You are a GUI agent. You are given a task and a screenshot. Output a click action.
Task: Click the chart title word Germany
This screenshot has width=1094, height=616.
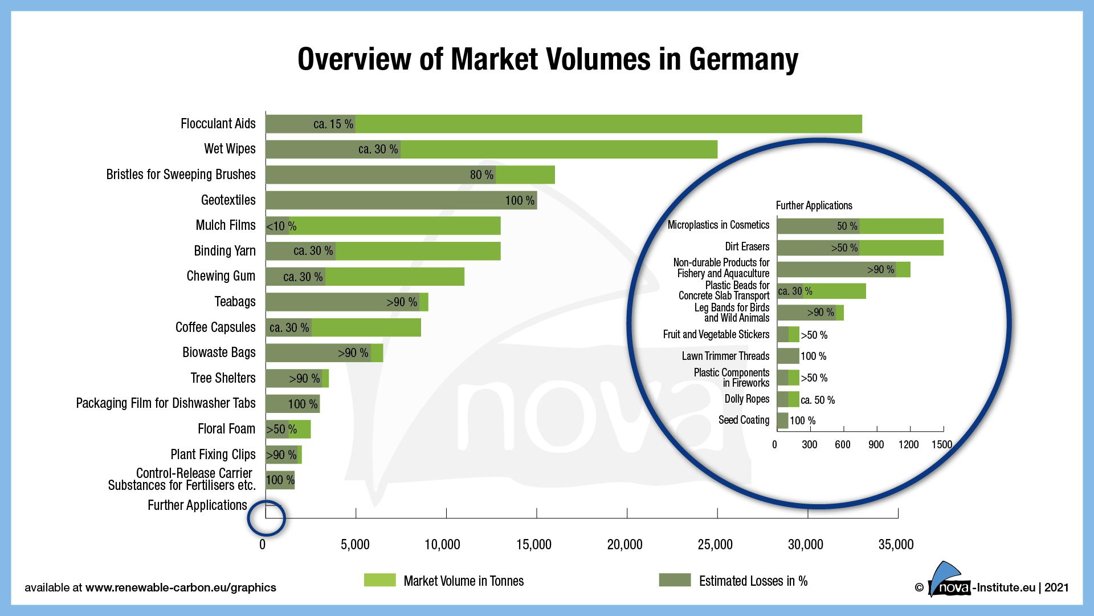[x=743, y=59]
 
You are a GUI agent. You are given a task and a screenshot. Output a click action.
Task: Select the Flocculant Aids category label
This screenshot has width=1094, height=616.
[x=218, y=124]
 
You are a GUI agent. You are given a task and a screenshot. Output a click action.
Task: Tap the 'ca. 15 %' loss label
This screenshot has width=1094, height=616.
[x=333, y=124]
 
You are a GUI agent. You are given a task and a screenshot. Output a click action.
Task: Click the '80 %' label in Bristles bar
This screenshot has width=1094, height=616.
[x=481, y=175]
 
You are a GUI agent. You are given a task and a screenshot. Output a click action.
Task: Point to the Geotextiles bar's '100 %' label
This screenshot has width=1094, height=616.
[x=520, y=201]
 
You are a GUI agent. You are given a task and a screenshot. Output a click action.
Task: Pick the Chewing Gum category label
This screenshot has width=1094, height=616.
[x=221, y=276]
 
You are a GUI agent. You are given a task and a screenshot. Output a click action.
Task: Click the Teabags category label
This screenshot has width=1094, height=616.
[x=235, y=302]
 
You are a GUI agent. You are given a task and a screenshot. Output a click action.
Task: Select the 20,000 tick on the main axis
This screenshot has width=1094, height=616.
[x=624, y=545]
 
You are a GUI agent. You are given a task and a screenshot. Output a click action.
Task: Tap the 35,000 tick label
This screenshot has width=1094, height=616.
[x=896, y=545]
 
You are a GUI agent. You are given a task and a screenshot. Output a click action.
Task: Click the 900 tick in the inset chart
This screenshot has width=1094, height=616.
[x=876, y=445]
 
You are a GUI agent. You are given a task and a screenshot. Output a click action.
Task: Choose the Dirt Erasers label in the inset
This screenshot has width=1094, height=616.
[x=746, y=247]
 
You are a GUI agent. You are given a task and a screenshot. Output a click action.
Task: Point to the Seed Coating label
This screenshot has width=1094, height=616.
[x=744, y=420]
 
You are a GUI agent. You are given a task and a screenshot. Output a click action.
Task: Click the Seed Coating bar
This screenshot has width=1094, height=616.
[x=782, y=421]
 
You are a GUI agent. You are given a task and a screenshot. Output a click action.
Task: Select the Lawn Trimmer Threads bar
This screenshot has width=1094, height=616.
[x=788, y=356]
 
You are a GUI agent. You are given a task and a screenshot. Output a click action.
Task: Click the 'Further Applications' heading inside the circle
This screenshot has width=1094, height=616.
[x=814, y=206]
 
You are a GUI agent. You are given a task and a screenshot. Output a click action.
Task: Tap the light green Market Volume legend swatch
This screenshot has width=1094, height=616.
[x=379, y=581]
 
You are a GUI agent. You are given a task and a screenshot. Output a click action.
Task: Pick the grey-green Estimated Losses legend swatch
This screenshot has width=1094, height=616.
[x=675, y=581]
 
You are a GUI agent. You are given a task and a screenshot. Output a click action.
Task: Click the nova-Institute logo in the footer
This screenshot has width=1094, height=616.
[x=949, y=581]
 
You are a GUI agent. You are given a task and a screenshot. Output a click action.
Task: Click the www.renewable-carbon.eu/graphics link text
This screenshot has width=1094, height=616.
[x=181, y=588]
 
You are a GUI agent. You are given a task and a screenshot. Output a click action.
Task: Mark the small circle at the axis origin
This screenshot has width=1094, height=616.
[x=266, y=518]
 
